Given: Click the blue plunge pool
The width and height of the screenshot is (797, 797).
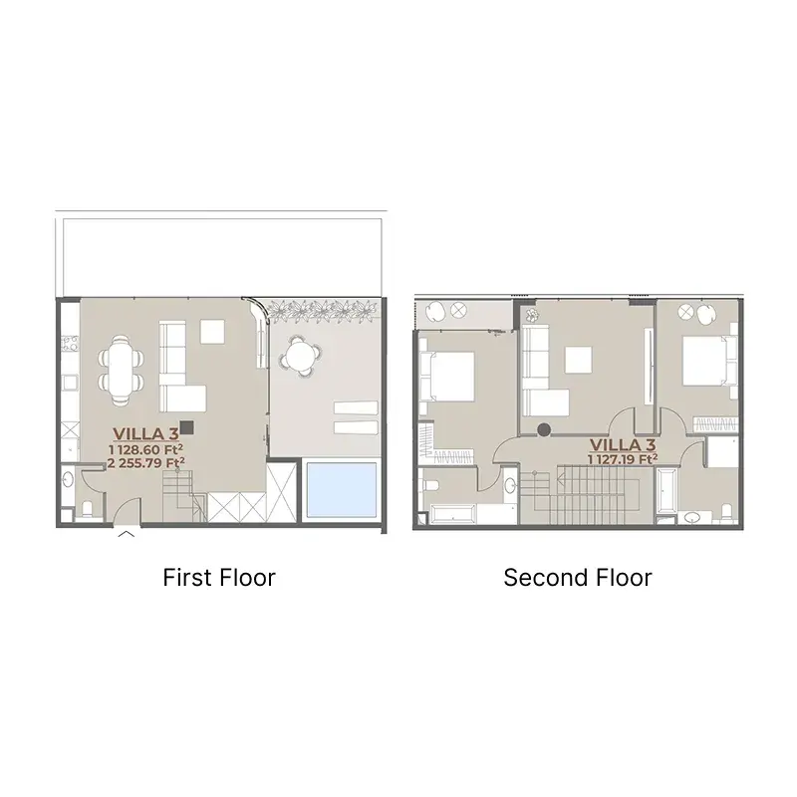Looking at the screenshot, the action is point(341,489).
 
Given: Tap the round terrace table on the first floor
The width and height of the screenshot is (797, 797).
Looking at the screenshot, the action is point(301,356).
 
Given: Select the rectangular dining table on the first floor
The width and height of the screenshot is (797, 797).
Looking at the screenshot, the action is point(121,369).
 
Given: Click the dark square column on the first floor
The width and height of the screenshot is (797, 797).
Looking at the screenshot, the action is point(186,427).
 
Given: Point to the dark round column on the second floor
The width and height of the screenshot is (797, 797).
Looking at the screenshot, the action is point(544,430).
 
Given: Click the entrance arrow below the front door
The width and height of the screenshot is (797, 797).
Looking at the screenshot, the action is point(127,534).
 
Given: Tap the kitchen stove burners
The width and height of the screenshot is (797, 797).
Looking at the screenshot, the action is point(69,343).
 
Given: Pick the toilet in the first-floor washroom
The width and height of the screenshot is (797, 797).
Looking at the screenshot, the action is point(88,509).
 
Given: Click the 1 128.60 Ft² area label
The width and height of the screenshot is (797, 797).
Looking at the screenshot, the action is point(145,449).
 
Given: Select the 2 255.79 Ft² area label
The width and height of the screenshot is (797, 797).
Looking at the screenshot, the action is point(145,463).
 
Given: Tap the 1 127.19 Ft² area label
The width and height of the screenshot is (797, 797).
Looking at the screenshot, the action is point(623,459).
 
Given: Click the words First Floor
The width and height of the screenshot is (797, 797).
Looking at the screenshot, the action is point(219,578).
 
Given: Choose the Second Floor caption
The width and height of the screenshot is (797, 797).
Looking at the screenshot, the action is point(578,578).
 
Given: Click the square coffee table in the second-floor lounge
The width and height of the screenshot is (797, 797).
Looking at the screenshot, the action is point(579,360).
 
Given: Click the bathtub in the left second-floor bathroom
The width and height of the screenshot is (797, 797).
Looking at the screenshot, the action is point(453,513).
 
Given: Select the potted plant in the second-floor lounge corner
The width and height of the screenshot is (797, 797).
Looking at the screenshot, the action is point(531,315).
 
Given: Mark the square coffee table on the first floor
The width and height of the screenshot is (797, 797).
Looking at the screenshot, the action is point(212,332).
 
